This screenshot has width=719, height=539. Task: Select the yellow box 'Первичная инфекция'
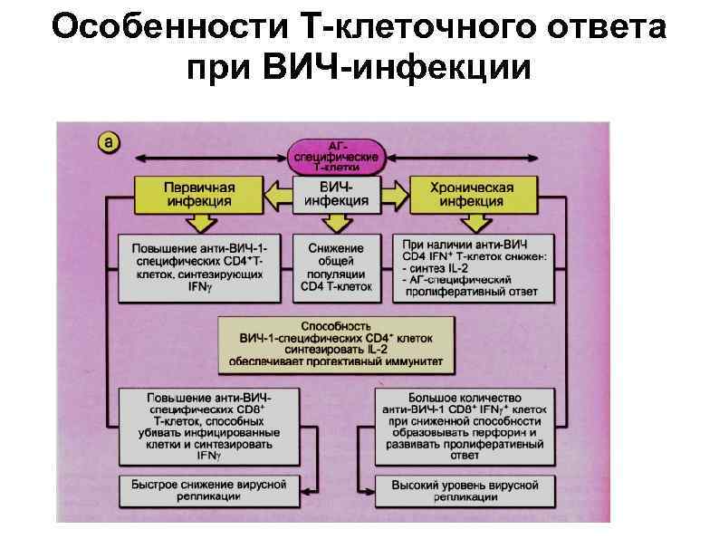coord(199,194)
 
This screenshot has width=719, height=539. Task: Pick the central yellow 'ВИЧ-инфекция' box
coord(336,194)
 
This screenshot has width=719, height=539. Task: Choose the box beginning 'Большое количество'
coord(465,425)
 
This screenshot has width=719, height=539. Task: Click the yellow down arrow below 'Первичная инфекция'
coord(199,223)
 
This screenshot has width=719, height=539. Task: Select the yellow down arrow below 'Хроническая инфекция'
coord(471,223)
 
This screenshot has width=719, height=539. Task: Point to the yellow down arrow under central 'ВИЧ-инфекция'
coord(336,223)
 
